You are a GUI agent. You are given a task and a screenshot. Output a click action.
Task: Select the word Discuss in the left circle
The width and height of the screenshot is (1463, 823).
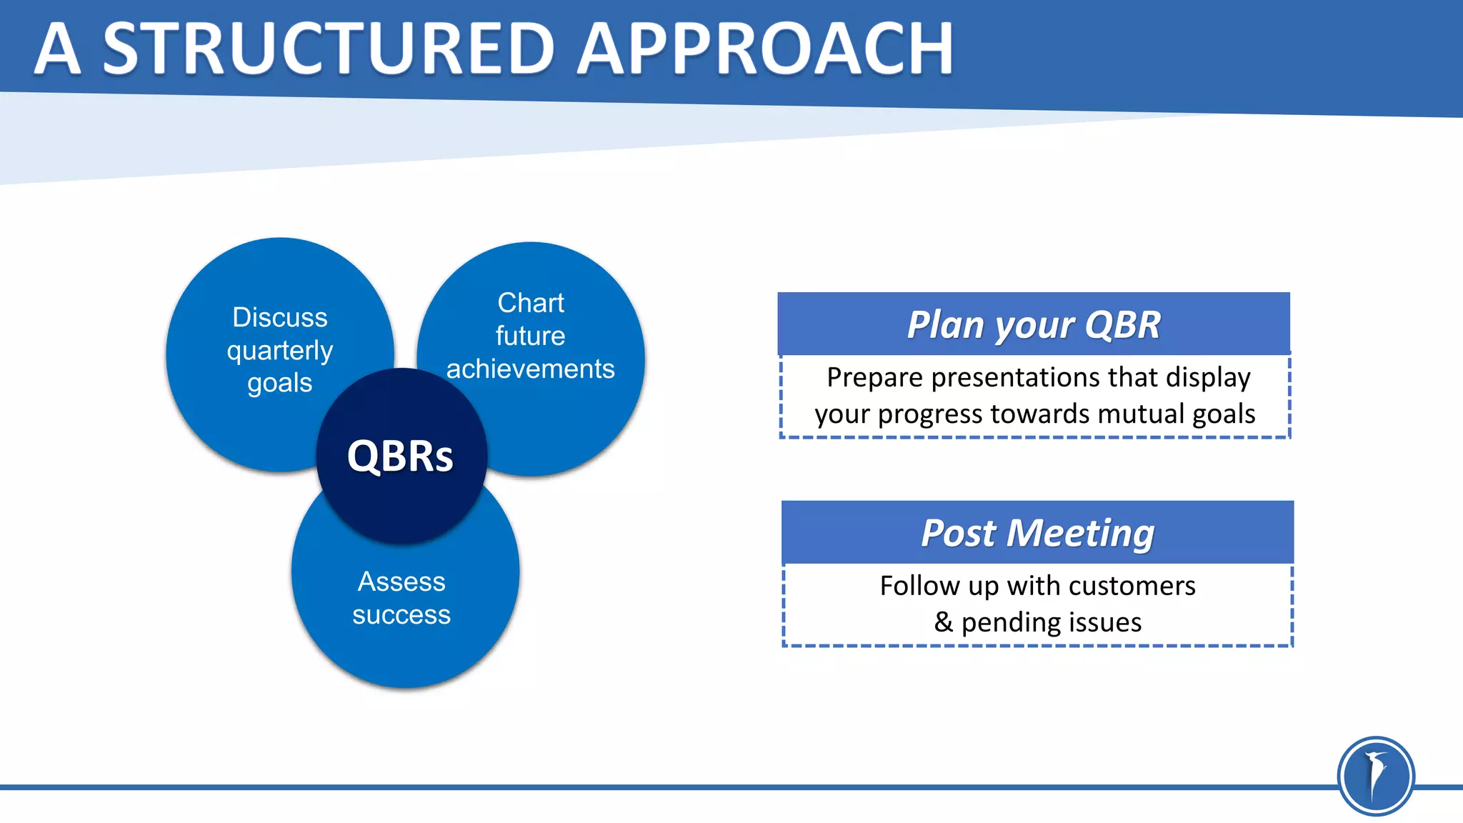[280, 317]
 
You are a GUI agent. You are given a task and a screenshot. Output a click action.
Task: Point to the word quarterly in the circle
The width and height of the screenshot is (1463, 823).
[280, 351]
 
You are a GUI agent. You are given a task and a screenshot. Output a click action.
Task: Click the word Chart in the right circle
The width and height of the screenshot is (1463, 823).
[531, 303]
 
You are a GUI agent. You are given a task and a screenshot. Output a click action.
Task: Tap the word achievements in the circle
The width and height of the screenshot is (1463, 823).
[531, 369]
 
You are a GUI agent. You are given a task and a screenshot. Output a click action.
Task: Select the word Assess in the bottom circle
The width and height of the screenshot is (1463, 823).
[401, 582]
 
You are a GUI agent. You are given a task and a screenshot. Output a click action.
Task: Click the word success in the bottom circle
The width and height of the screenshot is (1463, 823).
[401, 614]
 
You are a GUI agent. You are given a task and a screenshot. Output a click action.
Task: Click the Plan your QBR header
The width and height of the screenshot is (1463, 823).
[1034, 324]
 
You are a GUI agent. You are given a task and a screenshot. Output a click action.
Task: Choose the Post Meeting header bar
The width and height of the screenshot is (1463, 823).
[1037, 533]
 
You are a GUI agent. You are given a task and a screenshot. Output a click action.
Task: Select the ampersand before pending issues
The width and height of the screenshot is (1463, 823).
[944, 622]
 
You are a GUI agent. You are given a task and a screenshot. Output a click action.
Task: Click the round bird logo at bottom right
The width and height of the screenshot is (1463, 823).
[1375, 776]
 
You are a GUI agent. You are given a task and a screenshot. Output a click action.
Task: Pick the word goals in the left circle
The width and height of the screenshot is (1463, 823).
[280, 384]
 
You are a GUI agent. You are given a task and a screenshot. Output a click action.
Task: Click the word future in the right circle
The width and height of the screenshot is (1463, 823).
[531, 336]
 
